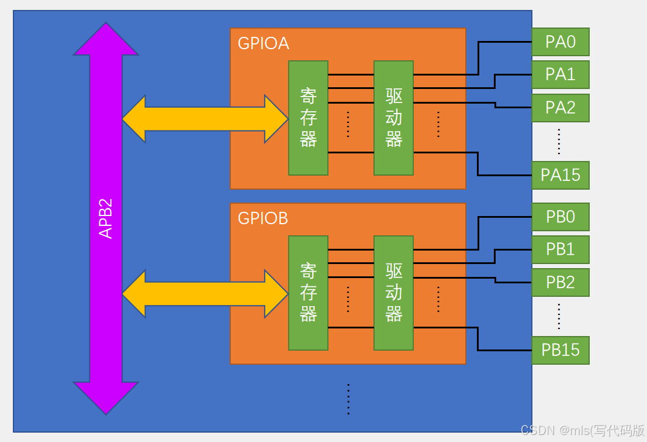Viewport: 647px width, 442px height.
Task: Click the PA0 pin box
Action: pos(560,42)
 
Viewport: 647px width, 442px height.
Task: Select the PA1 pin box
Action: pos(560,74)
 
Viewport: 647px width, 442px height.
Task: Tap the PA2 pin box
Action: pos(560,108)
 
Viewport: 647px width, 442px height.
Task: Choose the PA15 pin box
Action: pos(560,175)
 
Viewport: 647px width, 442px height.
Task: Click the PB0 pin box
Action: pos(560,217)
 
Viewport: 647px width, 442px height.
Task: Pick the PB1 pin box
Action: pos(560,249)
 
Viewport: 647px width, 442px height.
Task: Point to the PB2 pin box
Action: pos(560,282)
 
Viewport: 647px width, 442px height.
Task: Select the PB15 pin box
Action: pos(560,350)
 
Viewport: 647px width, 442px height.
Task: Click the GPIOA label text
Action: pos(263,44)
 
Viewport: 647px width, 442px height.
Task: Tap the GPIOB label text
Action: pos(263,218)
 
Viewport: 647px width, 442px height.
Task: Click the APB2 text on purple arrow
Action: pos(106,218)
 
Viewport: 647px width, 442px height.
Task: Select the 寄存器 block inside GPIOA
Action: pos(308,118)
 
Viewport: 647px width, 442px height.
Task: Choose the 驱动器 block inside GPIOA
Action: pos(393,118)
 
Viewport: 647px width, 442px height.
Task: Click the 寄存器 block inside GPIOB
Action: pos(308,293)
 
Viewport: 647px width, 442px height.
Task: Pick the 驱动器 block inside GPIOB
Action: pos(393,293)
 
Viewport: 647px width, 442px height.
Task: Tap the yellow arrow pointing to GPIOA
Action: pos(205,119)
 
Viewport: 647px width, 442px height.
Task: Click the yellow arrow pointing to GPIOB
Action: pos(205,293)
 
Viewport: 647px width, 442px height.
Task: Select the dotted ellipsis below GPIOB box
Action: pos(348,399)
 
